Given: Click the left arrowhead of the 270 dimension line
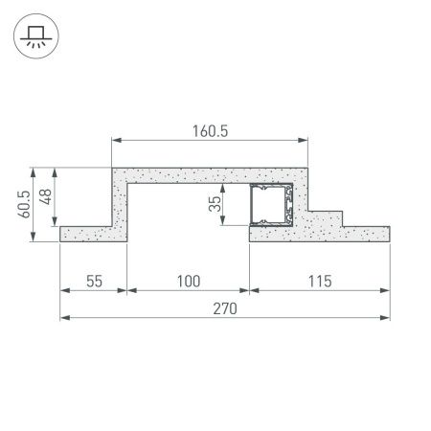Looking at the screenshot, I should tap(64, 317).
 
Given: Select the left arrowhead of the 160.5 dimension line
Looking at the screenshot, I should tap(117, 141).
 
